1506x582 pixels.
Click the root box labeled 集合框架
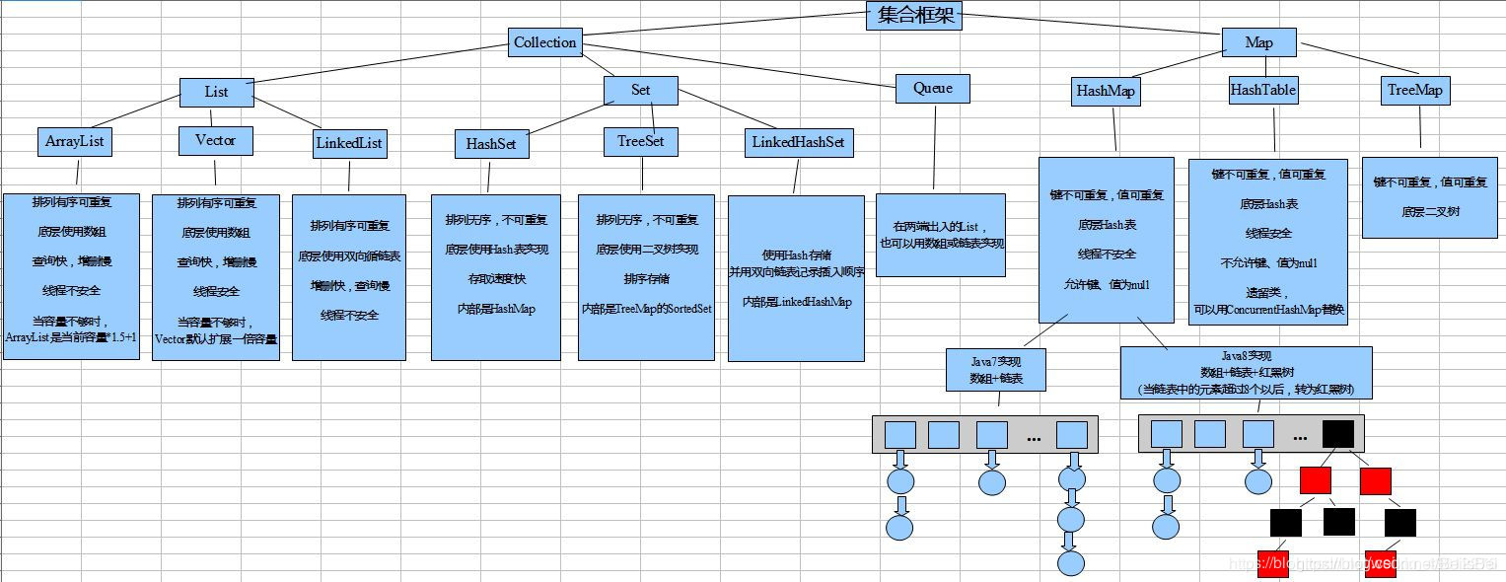coord(913,15)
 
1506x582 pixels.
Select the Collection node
coord(544,42)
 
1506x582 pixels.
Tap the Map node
coord(1258,42)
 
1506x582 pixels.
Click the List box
coord(216,92)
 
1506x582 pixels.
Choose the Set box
coord(640,90)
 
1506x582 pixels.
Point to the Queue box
coord(932,89)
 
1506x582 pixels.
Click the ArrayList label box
coord(74,141)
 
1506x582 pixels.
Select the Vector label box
coord(215,140)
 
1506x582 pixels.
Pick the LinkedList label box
coord(348,143)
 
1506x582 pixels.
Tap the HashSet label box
coord(490,143)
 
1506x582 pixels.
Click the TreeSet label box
coord(640,141)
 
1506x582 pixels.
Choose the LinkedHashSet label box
coord(798,142)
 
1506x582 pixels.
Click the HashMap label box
coord(1105,92)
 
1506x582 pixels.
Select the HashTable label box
coord(1262,91)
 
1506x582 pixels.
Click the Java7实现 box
coord(996,370)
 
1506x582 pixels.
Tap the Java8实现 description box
coord(1246,372)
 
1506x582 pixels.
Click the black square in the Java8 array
coord(1337,434)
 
